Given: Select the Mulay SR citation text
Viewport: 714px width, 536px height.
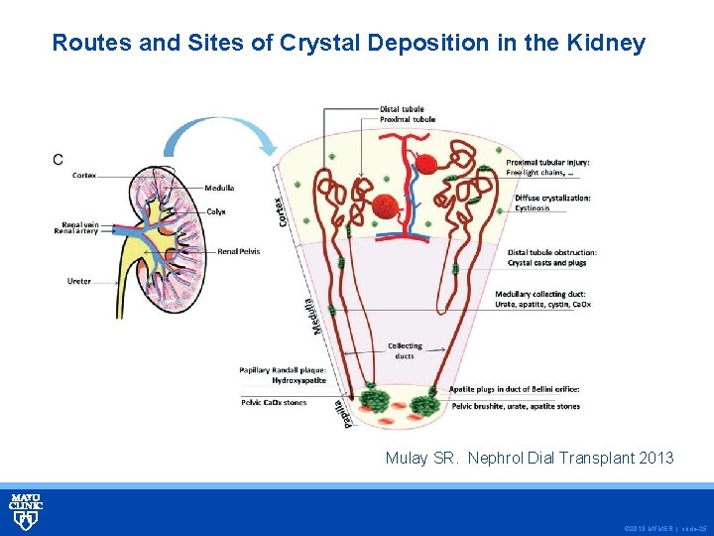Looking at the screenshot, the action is [x=529, y=458].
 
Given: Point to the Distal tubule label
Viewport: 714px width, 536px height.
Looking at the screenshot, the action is [x=402, y=108].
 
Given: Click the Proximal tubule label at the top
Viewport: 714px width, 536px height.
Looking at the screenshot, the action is [x=407, y=119].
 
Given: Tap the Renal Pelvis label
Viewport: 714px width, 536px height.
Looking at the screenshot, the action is [x=238, y=252].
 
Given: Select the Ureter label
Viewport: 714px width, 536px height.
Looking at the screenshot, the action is [x=79, y=281].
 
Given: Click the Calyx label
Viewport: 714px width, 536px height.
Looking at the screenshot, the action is [x=216, y=210].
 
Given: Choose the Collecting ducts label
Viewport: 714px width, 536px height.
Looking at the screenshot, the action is [x=405, y=350].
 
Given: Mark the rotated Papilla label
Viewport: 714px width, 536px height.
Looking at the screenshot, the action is [x=339, y=412].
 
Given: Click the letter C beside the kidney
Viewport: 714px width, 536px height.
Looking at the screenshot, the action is [x=58, y=159].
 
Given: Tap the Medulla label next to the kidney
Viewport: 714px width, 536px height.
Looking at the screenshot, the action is [x=219, y=188].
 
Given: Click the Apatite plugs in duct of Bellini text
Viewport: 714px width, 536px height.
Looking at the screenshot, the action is [x=515, y=389].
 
